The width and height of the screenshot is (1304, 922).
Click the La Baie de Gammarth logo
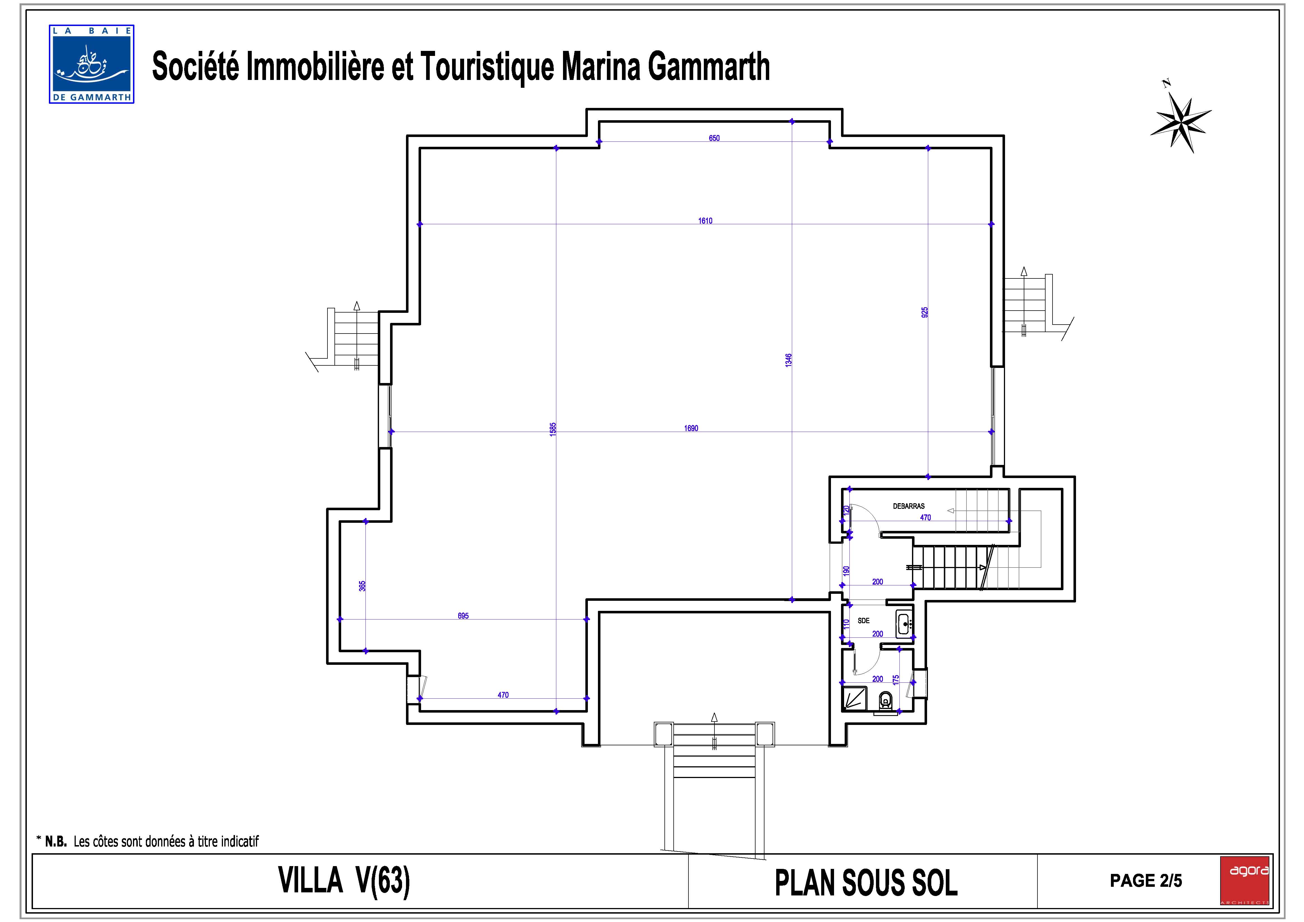tap(91, 64)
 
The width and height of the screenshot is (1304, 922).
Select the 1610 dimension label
tap(705, 221)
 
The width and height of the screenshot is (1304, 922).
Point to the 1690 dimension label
tap(691, 428)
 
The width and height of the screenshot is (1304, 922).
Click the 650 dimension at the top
tap(714, 138)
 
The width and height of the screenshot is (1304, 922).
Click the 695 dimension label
tap(463, 616)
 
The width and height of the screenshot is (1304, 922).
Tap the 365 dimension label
tap(362, 586)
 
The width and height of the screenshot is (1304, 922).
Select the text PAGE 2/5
tap(1146, 881)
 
